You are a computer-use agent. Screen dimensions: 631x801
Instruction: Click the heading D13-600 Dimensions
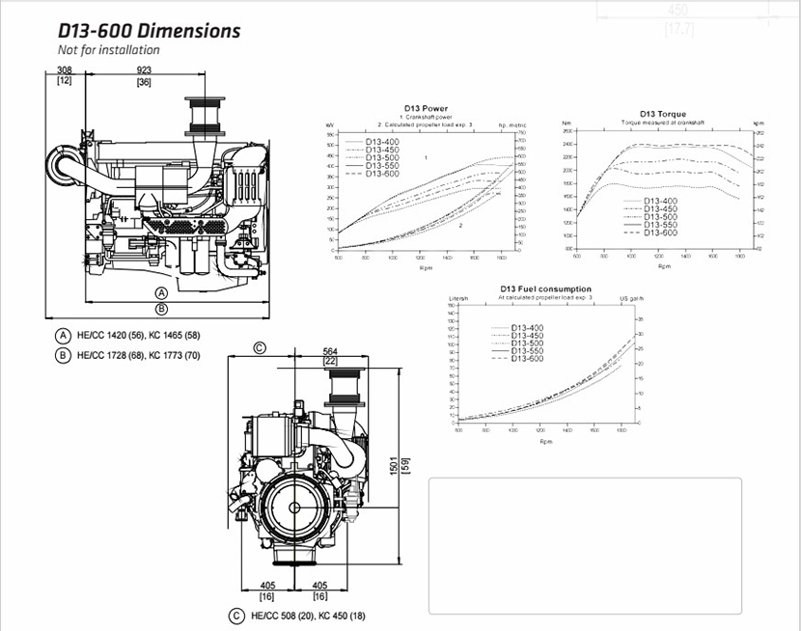click(149, 31)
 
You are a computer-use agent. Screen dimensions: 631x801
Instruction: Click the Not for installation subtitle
click(109, 50)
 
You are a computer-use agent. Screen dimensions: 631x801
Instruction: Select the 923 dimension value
click(144, 70)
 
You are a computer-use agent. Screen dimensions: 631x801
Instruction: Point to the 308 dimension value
click(66, 70)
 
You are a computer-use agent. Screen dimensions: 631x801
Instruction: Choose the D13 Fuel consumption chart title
click(546, 288)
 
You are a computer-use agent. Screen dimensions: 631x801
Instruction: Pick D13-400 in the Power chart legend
click(382, 142)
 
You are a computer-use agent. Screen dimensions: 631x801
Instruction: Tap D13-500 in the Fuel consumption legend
click(527, 343)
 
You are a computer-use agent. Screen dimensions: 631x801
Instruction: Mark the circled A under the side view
click(162, 292)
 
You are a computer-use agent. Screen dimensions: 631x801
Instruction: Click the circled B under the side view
click(162, 309)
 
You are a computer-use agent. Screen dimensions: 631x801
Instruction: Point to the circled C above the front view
click(260, 348)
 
